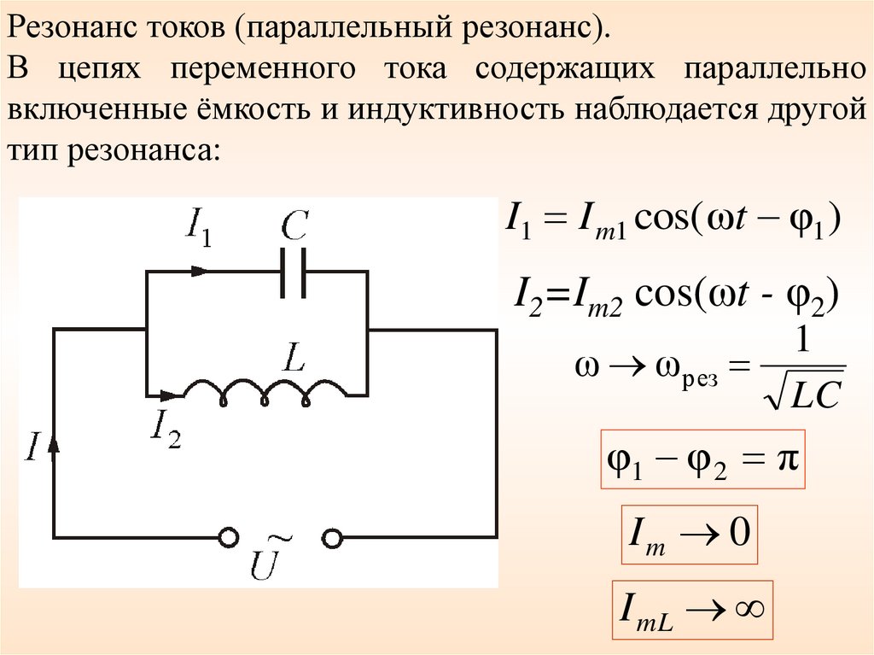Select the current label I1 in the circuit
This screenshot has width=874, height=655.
tap(197, 229)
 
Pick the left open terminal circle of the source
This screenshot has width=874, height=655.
tap(228, 537)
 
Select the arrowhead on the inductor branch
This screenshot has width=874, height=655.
tap(172, 396)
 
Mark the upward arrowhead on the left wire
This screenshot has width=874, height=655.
tap(54, 445)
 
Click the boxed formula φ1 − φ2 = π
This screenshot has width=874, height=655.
tap(703, 461)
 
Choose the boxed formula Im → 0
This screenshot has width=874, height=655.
tap(687, 537)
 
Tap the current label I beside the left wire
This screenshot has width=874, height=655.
tap(31, 447)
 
